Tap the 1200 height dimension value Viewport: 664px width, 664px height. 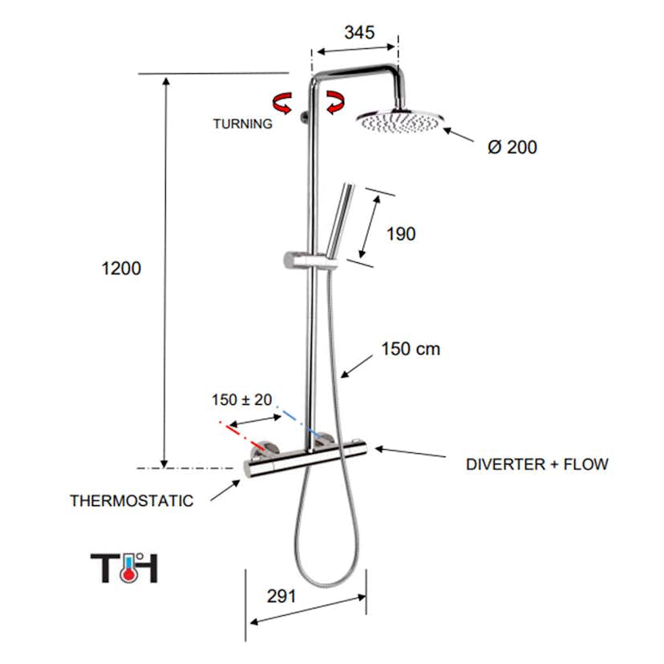pos(121,269)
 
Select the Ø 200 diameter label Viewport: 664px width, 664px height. pos(512,148)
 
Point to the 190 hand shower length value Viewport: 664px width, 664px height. pos(401,234)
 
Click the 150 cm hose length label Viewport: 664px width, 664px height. pos(411,350)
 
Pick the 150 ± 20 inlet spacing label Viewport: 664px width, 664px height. pos(241,399)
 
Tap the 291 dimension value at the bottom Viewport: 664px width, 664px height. pos(281,596)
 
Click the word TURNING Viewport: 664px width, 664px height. pos(242,124)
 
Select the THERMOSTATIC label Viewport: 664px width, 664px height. pos(132,501)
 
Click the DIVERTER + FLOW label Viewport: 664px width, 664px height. pos(536,464)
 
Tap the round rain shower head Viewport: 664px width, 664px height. pos(399,121)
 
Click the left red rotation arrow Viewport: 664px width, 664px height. pos(283,102)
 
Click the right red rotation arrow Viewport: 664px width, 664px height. pos(335,102)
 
